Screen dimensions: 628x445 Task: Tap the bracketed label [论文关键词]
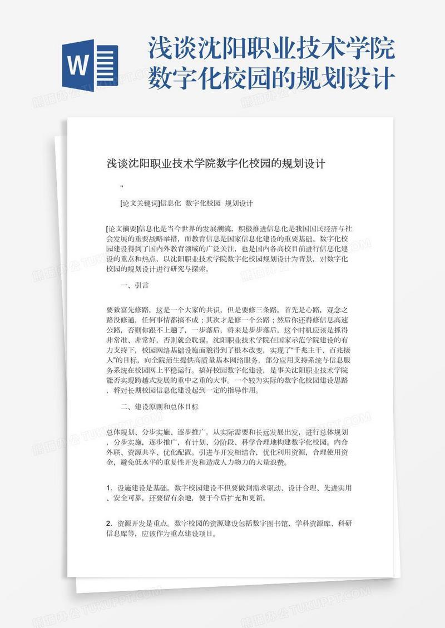(x=140, y=203)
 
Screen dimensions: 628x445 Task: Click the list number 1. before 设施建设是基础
(x=108, y=488)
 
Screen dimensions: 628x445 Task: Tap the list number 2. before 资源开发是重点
(x=108, y=524)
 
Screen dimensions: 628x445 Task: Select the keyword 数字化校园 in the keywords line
(x=203, y=203)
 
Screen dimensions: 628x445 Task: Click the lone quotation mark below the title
(x=122, y=186)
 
